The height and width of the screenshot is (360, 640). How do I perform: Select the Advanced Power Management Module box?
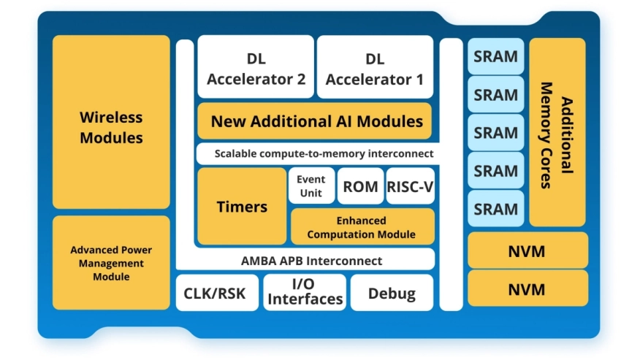point(111,263)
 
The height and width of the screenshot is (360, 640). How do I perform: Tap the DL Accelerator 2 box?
point(256,68)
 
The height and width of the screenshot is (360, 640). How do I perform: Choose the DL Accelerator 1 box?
point(374,68)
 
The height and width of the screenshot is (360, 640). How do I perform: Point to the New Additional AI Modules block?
point(316,121)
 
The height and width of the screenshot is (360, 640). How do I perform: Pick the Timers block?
point(242,207)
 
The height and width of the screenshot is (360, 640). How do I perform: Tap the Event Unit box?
point(311,186)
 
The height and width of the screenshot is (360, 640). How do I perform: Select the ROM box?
point(360,186)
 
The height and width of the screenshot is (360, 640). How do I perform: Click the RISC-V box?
point(410,186)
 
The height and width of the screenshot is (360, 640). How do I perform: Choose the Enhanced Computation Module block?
point(362,227)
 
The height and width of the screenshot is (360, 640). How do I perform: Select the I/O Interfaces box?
point(305,292)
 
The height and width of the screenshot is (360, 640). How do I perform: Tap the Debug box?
point(392,294)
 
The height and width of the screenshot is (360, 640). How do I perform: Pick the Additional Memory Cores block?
point(557,132)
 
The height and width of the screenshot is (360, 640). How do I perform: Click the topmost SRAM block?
point(496,56)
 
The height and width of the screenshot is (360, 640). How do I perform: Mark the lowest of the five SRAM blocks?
point(496,210)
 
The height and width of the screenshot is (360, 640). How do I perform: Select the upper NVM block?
point(527,251)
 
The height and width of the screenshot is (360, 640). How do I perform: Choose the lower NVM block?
point(527,289)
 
